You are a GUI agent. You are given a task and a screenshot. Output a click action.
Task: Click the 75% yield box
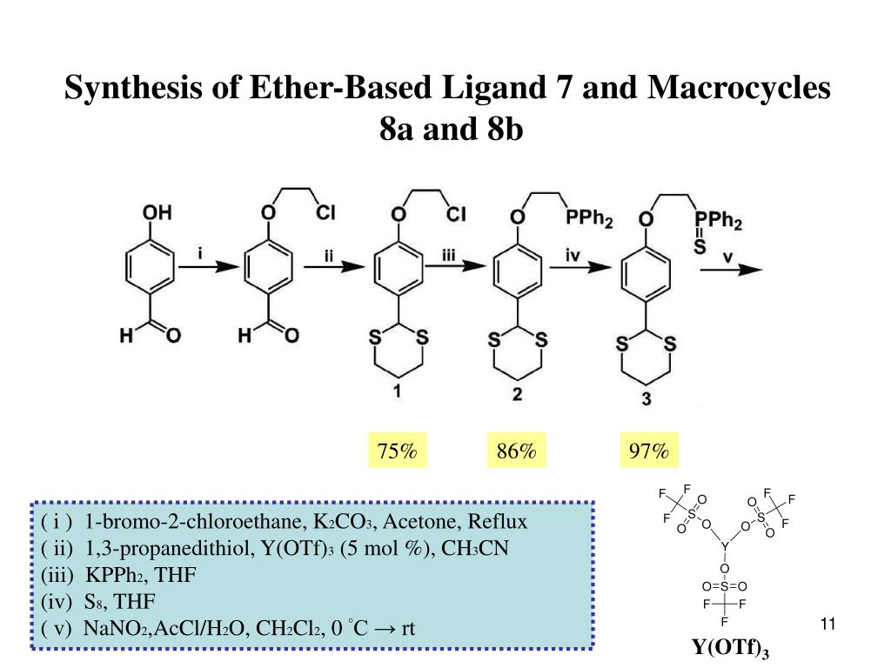[397, 451]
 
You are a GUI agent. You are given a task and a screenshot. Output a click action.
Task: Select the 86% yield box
[516, 451]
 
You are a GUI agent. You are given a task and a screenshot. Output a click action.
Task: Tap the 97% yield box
[649, 451]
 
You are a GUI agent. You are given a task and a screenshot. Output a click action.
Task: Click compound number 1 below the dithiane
[397, 392]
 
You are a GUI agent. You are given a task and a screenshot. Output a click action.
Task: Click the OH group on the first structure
[157, 211]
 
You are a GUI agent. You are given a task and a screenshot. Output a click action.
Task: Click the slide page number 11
[827, 624]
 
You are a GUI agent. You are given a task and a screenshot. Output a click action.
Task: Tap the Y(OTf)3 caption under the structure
[731, 648]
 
